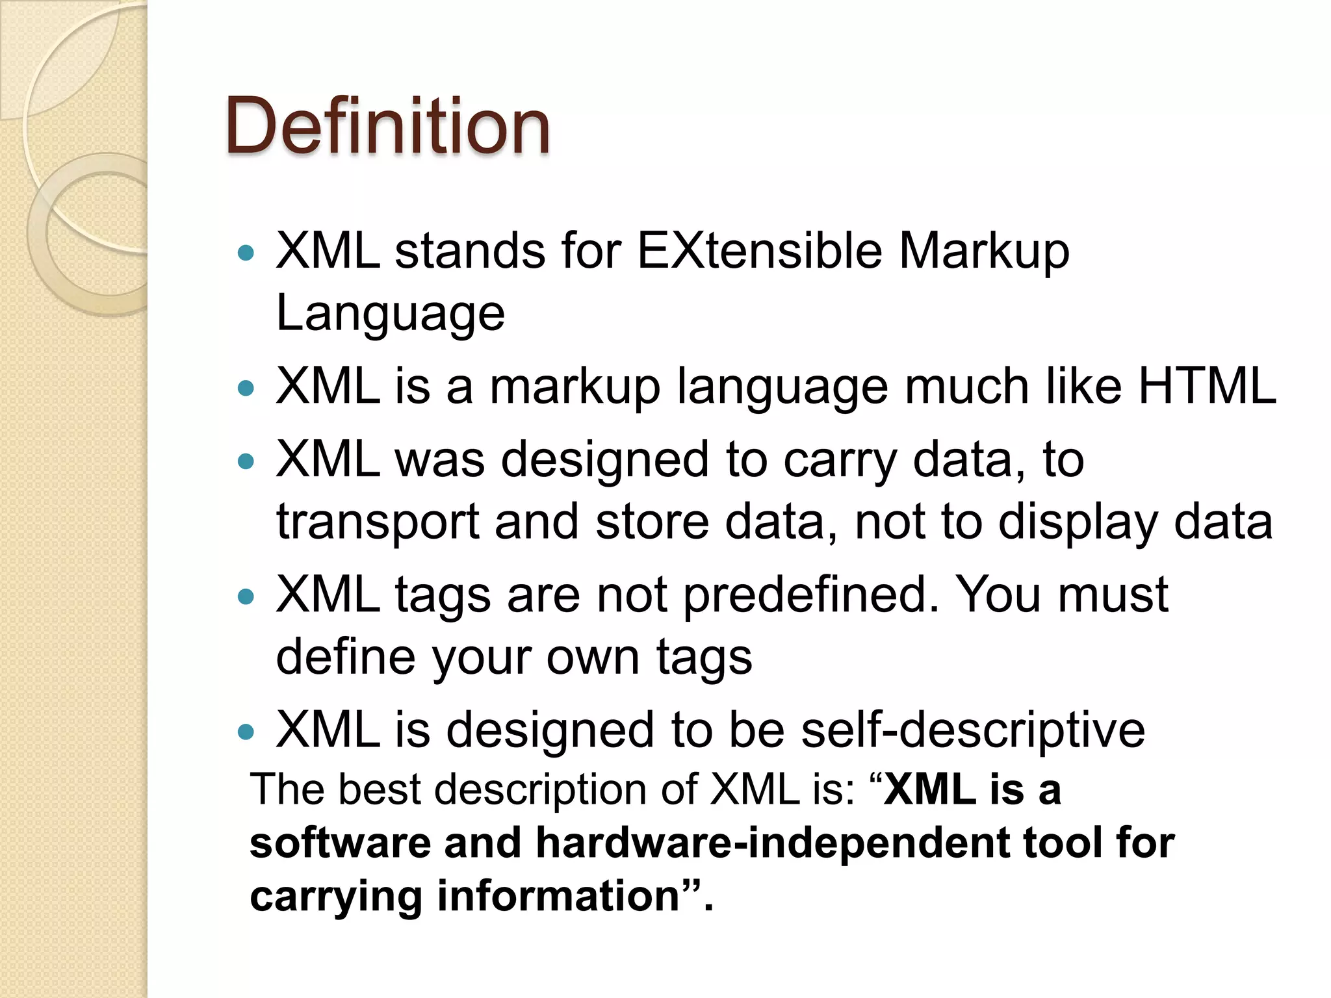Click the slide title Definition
click(x=388, y=126)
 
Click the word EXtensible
click(x=759, y=251)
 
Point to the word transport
click(x=377, y=522)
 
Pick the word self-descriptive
click(x=972, y=730)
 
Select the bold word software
click(x=340, y=843)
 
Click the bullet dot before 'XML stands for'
click(x=246, y=253)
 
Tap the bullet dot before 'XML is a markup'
click(x=246, y=389)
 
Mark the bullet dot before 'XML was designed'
click(x=246, y=461)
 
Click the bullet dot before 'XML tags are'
click(x=246, y=596)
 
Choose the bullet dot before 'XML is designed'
click(x=246, y=732)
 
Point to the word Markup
click(x=983, y=252)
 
